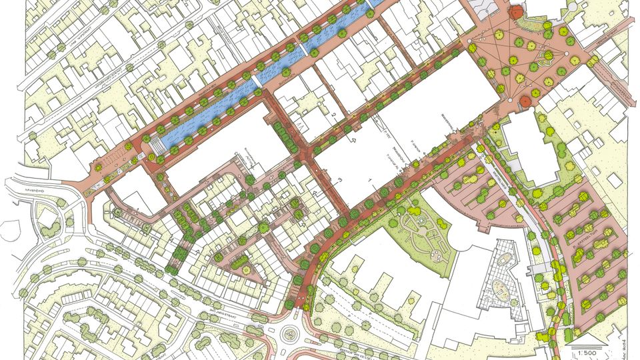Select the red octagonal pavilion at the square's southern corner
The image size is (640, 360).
(x=524, y=101)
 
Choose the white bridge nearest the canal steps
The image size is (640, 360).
(x=257, y=80)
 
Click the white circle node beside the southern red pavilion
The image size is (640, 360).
(x=511, y=101)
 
